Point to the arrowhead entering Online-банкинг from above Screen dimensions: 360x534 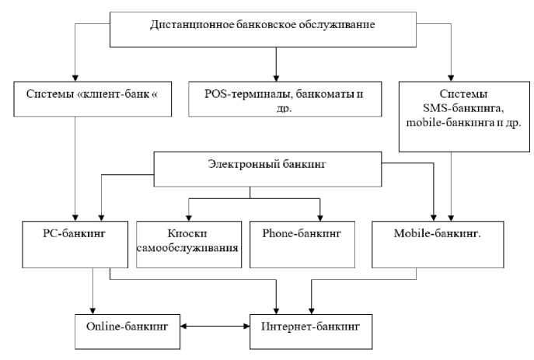pyautogui.click(x=92, y=309)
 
